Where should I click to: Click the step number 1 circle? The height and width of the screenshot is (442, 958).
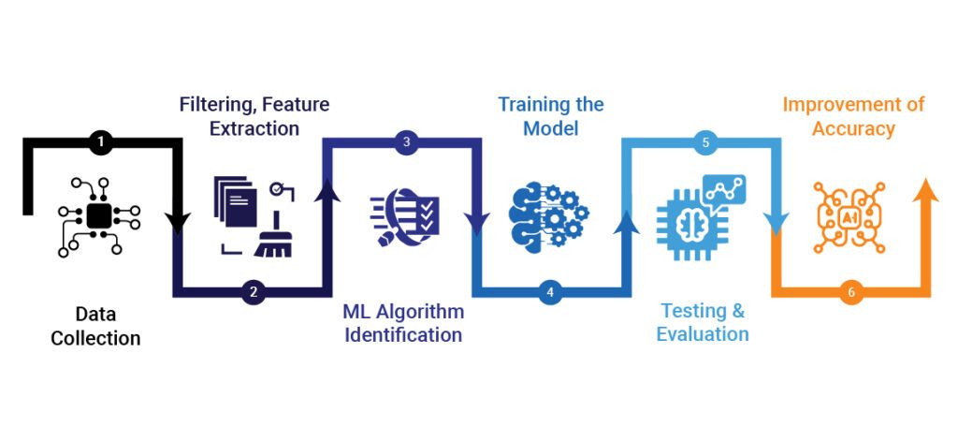pyautogui.click(x=101, y=143)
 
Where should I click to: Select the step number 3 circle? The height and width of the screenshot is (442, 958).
pyautogui.click(x=405, y=143)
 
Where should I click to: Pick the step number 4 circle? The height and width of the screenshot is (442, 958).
pyautogui.click(x=550, y=292)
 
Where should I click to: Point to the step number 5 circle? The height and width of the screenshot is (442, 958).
pyautogui.click(x=706, y=143)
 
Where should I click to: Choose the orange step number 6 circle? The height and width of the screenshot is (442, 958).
pyautogui.click(x=850, y=292)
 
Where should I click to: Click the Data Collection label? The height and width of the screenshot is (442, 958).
pyautogui.click(x=95, y=326)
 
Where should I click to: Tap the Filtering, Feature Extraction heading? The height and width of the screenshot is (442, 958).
pyautogui.click(x=254, y=115)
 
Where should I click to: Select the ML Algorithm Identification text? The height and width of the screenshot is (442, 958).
pyautogui.click(x=402, y=322)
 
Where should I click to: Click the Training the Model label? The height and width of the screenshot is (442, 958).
pyautogui.click(x=550, y=115)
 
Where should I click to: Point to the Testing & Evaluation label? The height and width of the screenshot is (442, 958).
pyautogui.click(x=703, y=322)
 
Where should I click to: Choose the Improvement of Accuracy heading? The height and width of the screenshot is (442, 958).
pyautogui.click(x=853, y=115)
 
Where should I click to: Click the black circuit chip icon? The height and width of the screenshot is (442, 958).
pyautogui.click(x=99, y=217)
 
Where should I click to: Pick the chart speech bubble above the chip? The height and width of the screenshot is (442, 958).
pyautogui.click(x=725, y=190)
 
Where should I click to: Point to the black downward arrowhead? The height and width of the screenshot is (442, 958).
pyautogui.click(x=177, y=223)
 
